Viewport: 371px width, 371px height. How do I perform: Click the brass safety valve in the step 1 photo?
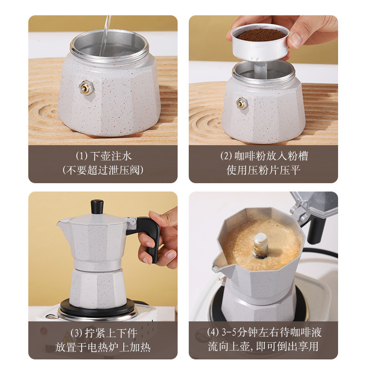click(85, 87)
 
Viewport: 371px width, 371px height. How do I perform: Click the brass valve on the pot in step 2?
click(242, 103)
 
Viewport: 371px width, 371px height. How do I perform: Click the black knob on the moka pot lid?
click(97, 207)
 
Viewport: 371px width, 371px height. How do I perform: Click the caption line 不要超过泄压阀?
click(102, 170)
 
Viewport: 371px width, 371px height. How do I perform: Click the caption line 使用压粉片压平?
click(263, 170)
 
